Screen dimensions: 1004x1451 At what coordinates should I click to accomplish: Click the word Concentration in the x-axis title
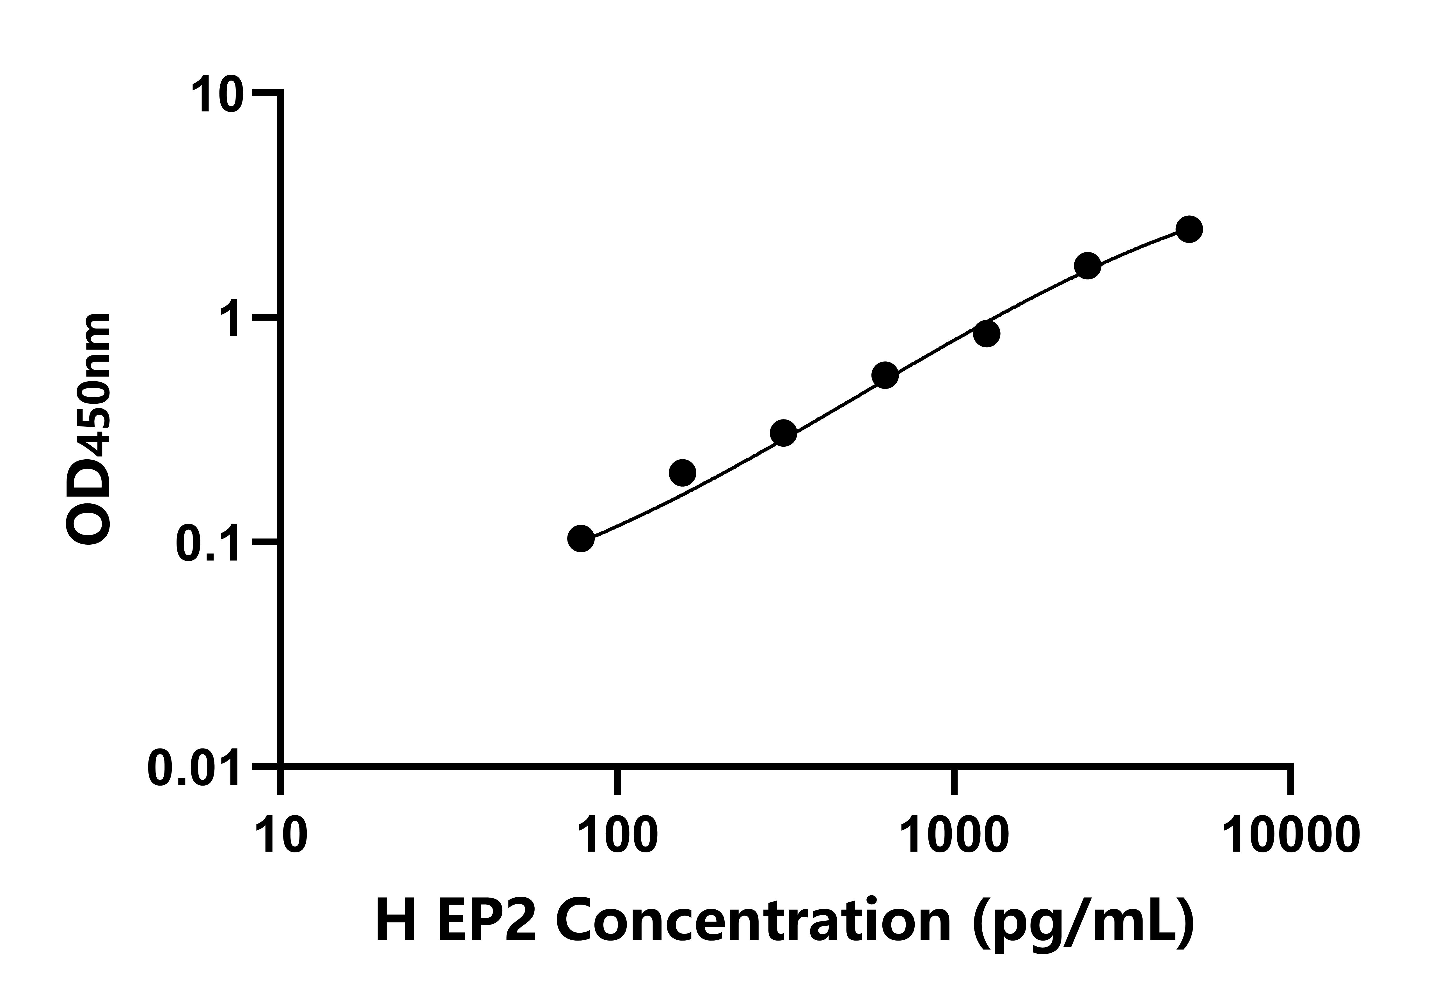[751, 921]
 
